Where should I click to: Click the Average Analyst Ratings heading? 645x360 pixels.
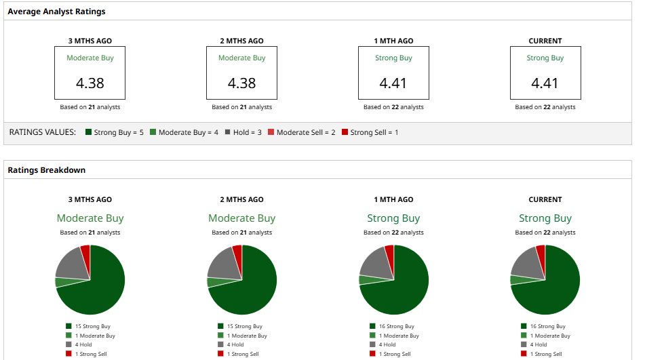pyautogui.click(x=56, y=12)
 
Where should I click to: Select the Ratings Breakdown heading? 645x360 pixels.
pyautogui.click(x=46, y=170)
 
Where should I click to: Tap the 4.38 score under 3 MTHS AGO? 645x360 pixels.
pyautogui.click(x=90, y=83)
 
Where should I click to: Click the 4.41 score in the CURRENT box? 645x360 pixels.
pyautogui.click(x=545, y=83)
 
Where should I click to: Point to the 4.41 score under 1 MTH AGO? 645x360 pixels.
pyautogui.click(x=393, y=83)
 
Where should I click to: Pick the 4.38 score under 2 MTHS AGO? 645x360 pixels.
pyautogui.click(x=241, y=83)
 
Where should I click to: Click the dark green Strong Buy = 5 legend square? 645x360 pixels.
pyautogui.click(x=88, y=132)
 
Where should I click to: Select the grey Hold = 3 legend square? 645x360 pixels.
pyautogui.click(x=228, y=132)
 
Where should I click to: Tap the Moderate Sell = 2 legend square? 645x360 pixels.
pyautogui.click(x=271, y=132)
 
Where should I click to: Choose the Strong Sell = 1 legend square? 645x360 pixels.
pyautogui.click(x=345, y=132)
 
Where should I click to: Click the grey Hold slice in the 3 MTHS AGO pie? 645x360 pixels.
pyautogui.click(x=71, y=264)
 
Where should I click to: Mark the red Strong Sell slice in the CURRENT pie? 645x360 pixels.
pyautogui.click(x=541, y=252)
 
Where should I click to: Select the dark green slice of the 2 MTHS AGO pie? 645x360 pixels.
pyautogui.click(x=254, y=288)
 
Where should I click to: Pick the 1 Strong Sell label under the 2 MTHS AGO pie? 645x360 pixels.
pyautogui.click(x=242, y=354)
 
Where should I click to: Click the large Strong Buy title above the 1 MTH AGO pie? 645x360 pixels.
pyautogui.click(x=393, y=218)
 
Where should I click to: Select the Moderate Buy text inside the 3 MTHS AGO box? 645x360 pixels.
pyautogui.click(x=90, y=58)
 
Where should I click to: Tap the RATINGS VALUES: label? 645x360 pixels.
pyautogui.click(x=42, y=132)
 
